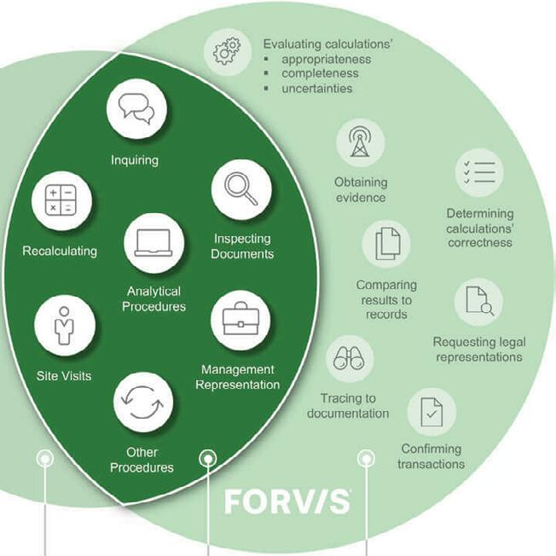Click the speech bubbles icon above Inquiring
pos(136,109)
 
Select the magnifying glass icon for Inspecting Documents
pos(241,190)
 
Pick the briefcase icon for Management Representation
pos(240,320)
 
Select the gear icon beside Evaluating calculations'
pos(227,51)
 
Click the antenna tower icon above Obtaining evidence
pos(360,142)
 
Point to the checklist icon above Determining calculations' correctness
pos(479,173)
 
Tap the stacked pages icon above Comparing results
pos(386,244)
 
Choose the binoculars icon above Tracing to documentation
pos(349,358)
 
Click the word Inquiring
pos(135,159)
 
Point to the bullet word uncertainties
pos(316,88)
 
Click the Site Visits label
pos(64,375)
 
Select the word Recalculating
pos(60,251)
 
